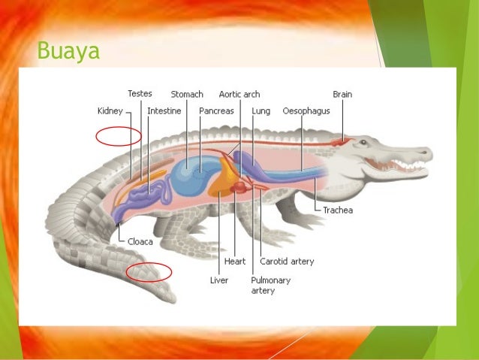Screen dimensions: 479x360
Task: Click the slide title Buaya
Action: pos(68,53)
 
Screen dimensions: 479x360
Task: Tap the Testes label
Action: pos(140,94)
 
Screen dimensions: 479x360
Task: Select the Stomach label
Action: pos(187,95)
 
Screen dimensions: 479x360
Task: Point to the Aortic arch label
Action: pos(239,95)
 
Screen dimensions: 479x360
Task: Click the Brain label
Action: pos(342,95)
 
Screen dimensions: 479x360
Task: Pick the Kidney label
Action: pos(110,110)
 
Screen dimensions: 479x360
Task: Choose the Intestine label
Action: pos(163,110)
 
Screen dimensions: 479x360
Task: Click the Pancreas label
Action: pos(216,110)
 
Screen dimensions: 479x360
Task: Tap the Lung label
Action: pos(261,110)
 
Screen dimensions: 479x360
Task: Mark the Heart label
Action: pos(235,262)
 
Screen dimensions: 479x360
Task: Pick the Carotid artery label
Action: pos(287,262)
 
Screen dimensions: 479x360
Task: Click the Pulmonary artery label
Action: pos(270,285)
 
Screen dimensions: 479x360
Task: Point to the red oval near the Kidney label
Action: pos(118,136)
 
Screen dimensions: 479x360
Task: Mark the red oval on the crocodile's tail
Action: pos(149,271)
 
